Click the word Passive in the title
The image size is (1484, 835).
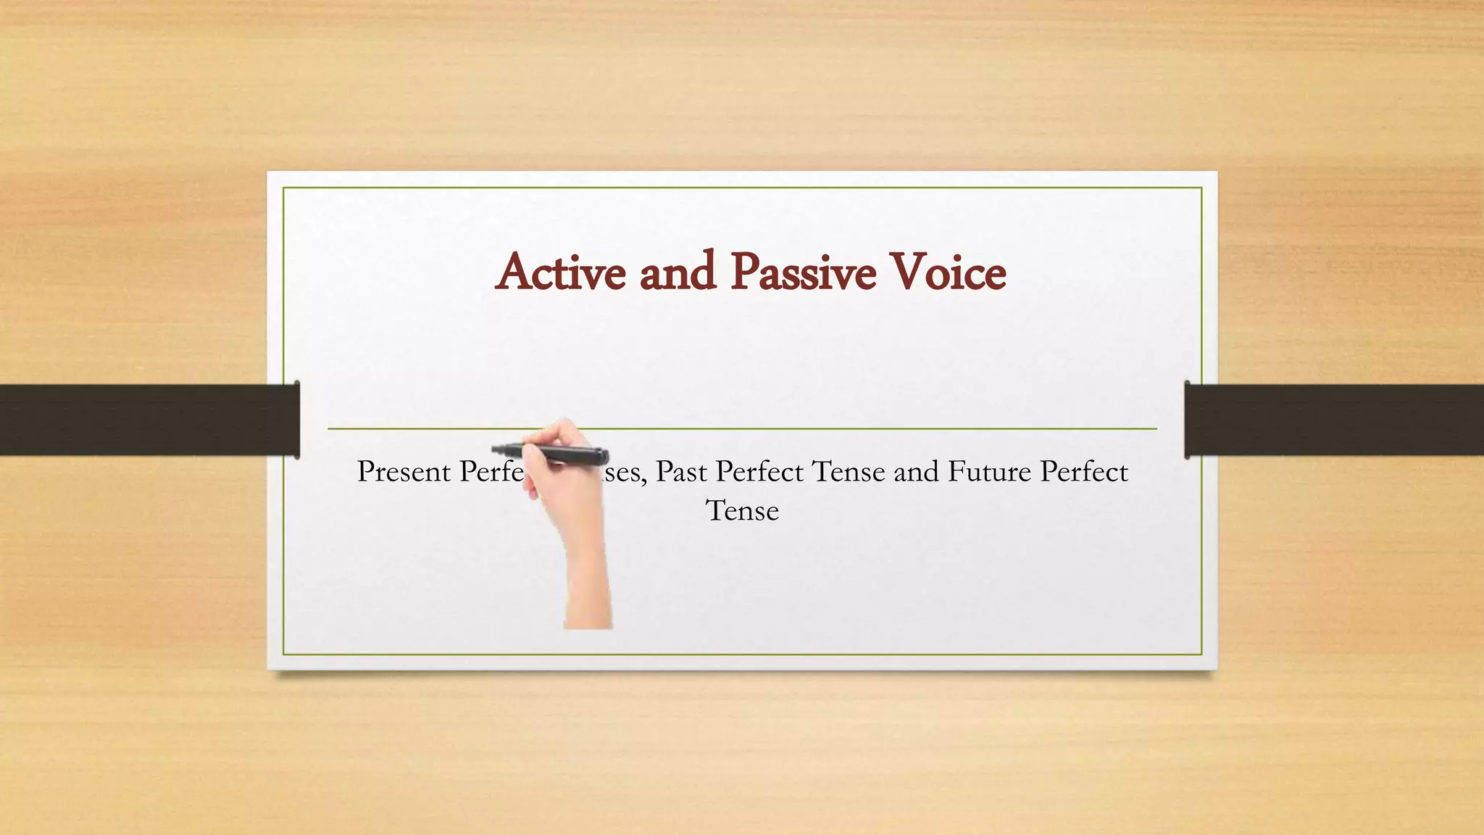coord(803,273)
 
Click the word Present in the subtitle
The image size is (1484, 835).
coord(404,472)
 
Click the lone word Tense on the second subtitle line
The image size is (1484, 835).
coord(742,511)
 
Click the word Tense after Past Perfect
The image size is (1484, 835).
coord(848,472)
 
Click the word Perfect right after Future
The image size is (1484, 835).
coord(1084,472)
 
